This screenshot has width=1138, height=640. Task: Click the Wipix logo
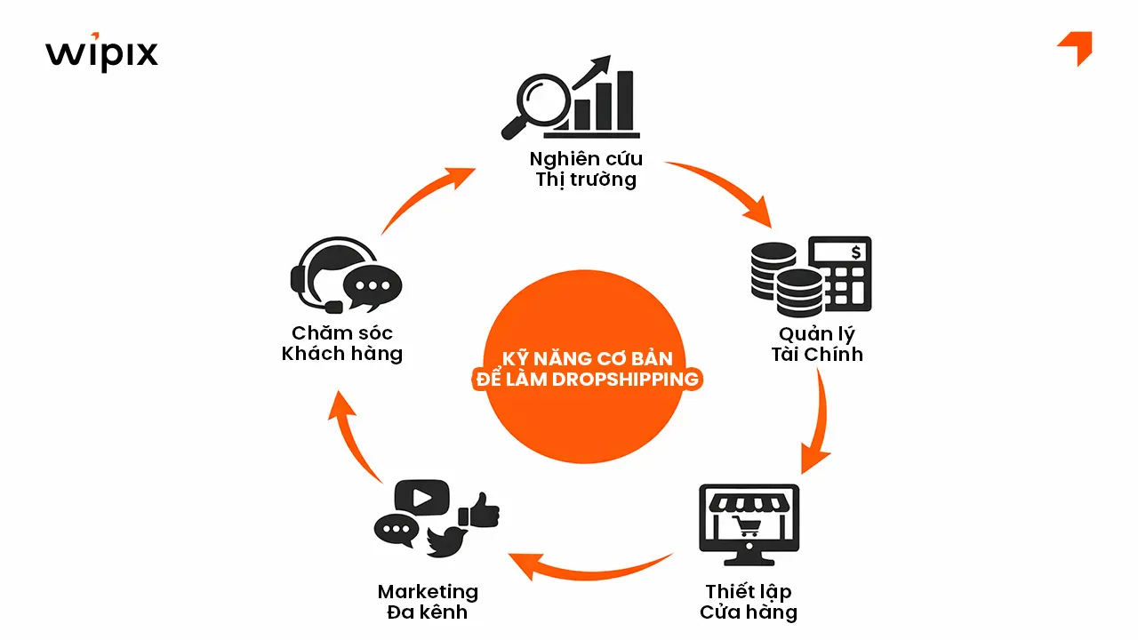coord(101,52)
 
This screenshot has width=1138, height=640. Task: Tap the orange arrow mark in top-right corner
coord(1076,46)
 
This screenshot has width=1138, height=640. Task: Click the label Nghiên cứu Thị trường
coord(586,169)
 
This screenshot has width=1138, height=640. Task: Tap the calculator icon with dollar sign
coord(840,273)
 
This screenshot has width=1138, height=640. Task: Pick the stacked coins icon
coord(784,277)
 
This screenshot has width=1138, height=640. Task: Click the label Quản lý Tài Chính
coord(817,344)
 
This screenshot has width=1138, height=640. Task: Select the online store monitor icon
coord(749,525)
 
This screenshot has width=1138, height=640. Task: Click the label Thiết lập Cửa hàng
coord(749,602)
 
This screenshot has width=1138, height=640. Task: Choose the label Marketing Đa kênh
coord(428,602)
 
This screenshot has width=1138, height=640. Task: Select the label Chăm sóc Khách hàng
coord(342,343)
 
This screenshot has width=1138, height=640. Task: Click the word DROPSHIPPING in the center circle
coord(613,380)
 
